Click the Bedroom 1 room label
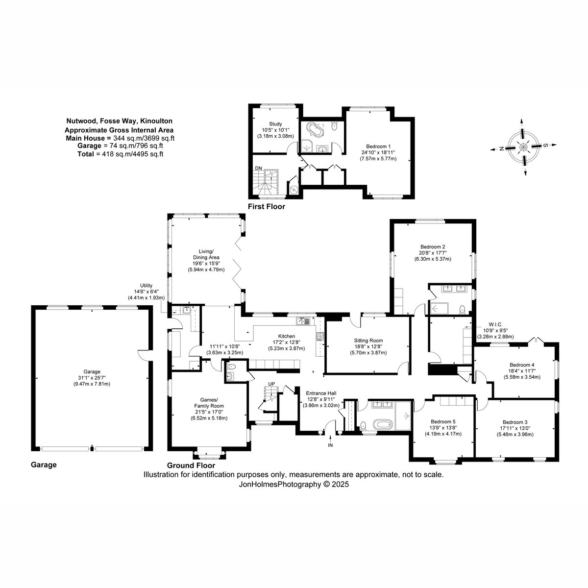378,147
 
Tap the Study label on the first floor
275,124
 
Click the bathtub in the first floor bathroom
314,130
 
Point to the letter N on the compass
501,148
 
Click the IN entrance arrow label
330,445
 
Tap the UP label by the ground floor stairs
271,384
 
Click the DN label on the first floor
258,168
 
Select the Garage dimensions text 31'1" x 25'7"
92,378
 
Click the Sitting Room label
368,341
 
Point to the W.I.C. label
495,324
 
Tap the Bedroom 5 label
443,422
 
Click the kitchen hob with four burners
320,336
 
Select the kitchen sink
303,320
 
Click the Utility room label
146,286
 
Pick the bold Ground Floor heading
191,465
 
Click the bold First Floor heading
267,207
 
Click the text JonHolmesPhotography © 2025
294,484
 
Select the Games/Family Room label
209,403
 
